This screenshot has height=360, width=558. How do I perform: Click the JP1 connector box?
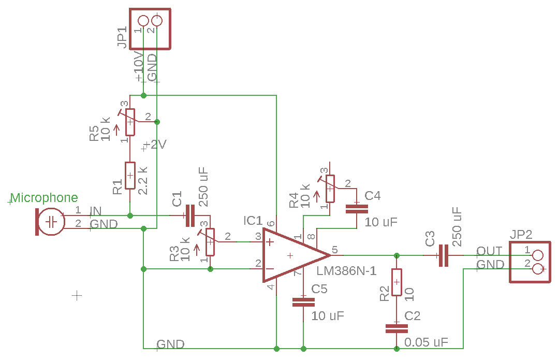[150, 29]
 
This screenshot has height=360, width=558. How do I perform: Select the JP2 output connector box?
[530, 262]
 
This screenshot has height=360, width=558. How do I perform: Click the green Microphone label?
[45, 198]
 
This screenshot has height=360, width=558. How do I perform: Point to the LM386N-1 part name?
[346, 271]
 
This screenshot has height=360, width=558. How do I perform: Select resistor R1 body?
[130, 176]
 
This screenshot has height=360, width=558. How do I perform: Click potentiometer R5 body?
[130, 122]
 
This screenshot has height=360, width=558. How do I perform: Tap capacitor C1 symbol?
[188, 215]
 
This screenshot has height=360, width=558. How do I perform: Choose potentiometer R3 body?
[210, 242]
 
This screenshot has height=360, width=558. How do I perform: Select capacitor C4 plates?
[357, 209]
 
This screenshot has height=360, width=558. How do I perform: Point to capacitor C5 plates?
[303, 302]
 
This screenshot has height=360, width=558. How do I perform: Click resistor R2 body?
[397, 282]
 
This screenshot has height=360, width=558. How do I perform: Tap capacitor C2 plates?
[397, 328]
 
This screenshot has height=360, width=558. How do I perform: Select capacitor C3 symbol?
[443, 255]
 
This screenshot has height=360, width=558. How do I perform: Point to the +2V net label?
[156, 145]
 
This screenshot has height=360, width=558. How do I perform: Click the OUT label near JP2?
[489, 251]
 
